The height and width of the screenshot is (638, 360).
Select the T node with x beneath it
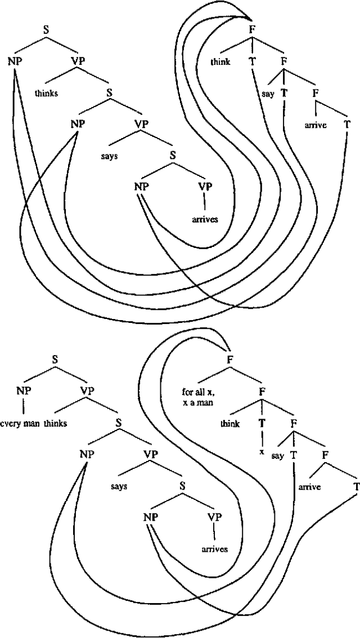tap(262, 424)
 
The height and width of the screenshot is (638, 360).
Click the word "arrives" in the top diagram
tap(204, 219)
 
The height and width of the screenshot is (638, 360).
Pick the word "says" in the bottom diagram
tap(118, 486)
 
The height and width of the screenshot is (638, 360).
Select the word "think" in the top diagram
tap(220, 62)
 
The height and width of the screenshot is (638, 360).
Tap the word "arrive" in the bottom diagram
tap(309, 486)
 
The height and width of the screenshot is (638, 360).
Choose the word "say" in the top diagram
tap(268, 94)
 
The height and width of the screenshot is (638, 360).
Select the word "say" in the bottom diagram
tap(277, 455)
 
